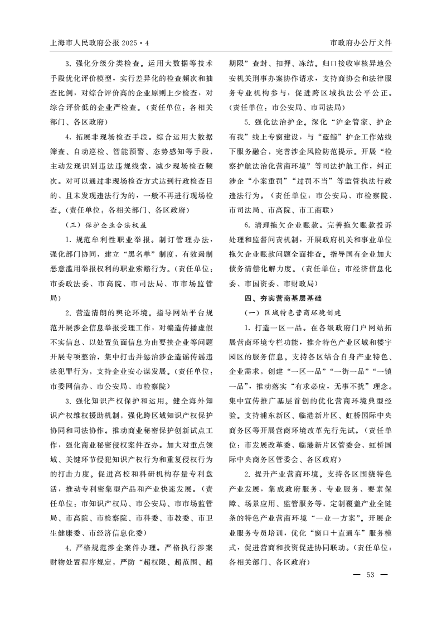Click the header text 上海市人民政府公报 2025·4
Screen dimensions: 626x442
coord(100,42)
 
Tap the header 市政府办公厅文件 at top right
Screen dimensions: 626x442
coord(361,42)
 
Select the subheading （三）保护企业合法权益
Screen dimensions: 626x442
coord(105,225)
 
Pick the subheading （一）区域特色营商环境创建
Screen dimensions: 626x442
coord(292,312)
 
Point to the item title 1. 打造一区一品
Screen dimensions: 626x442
coord(271,327)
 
